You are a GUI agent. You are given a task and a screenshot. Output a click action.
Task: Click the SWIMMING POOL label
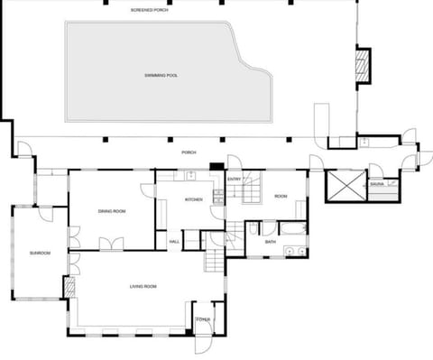161,75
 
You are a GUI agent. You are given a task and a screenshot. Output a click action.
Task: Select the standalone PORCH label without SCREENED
189,152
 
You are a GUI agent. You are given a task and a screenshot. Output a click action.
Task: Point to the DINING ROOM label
112,211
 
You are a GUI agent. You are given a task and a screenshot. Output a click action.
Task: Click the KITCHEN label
194,199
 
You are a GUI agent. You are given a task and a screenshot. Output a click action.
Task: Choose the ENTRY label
234,180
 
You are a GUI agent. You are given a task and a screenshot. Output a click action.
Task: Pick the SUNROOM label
39,253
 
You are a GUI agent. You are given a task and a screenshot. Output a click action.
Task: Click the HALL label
174,241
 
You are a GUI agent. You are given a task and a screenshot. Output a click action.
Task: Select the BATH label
270,242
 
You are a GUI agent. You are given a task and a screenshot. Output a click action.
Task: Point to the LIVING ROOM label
143,286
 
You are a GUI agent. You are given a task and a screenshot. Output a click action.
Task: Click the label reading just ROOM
281,196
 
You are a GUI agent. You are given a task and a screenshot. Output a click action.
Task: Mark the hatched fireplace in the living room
69,288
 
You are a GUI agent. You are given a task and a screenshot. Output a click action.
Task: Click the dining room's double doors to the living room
113,244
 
